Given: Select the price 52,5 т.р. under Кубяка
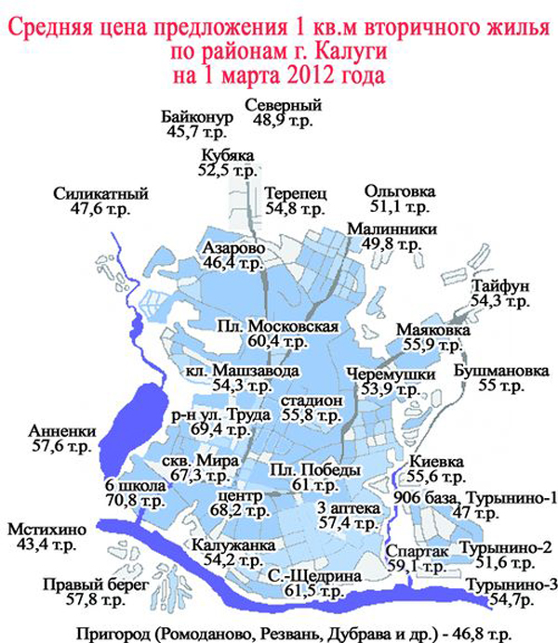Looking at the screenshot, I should point(227,171).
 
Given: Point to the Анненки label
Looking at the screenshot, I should point(58,431).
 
